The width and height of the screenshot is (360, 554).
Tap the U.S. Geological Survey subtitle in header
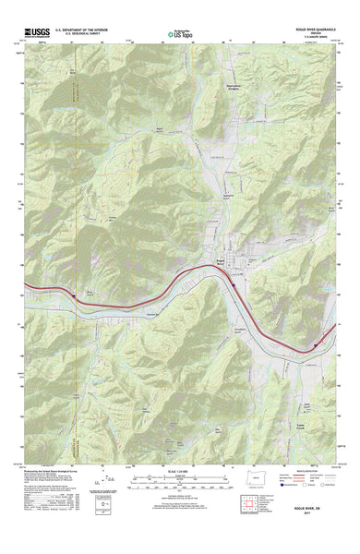pyautogui.click(x=84, y=35)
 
